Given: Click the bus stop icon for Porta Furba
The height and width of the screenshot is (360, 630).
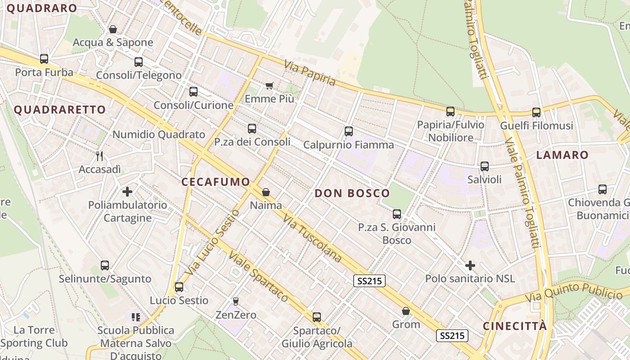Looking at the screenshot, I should tap(44, 59).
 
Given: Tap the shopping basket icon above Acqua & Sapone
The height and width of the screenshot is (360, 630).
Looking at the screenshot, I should tap(113, 29).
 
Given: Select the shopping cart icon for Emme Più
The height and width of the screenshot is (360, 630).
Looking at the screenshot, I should tap(270, 85).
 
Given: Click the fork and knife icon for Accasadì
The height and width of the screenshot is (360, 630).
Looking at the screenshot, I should tap(100, 156).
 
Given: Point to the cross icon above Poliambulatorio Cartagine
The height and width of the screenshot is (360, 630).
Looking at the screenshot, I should tap(127, 192).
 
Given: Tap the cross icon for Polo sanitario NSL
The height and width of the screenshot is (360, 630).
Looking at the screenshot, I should tap(470, 265).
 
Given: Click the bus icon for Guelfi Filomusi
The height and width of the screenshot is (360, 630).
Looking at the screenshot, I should tap(536, 112).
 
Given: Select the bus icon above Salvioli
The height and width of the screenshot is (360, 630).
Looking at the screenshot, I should tap(485, 166).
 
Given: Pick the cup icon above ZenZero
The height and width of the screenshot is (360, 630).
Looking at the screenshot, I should tap(235, 301).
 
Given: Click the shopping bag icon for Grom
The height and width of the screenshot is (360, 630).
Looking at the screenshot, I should tap(406, 311).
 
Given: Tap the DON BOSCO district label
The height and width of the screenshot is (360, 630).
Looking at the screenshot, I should tap(352, 193).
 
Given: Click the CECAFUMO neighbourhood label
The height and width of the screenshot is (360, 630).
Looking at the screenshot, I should tap(216, 182).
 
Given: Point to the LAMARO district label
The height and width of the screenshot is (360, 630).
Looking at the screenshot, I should tap(562, 155).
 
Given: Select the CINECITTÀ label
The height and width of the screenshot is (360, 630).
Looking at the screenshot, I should tap(515, 326).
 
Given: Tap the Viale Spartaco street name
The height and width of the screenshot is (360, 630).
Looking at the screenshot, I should tap(258, 276).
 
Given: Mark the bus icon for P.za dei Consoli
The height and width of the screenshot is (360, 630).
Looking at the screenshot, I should tap(252, 129).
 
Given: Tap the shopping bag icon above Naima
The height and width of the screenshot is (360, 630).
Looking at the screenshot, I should tap(266, 192).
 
